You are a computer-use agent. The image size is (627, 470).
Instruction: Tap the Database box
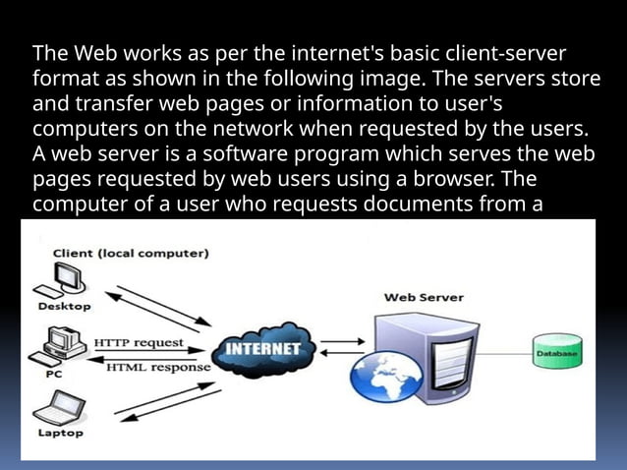click(556, 350)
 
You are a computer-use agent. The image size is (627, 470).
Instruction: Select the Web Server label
click(424, 296)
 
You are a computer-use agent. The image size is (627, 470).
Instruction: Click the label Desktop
click(64, 306)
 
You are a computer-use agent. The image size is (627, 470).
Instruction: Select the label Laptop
click(60, 433)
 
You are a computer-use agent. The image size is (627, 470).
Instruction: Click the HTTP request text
click(139, 343)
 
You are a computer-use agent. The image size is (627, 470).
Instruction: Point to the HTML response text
click(158, 368)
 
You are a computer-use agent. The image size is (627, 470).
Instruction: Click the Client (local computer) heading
click(123, 254)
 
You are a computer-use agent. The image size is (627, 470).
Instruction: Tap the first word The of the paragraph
click(49, 52)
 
